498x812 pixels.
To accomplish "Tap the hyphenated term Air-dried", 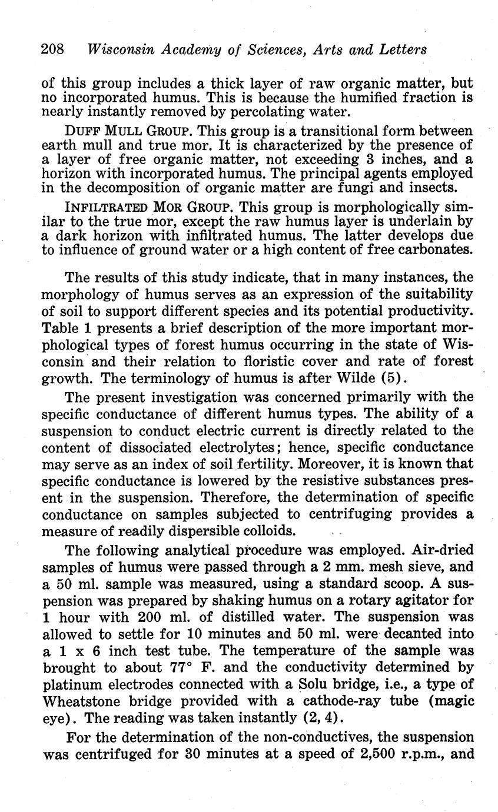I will point(438,551).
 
